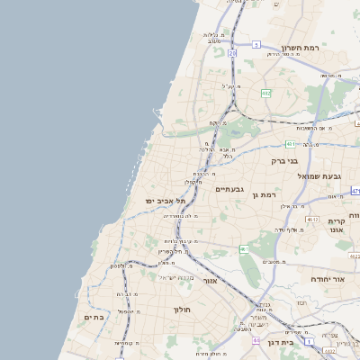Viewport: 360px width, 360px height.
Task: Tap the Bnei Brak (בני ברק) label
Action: (x=285, y=161)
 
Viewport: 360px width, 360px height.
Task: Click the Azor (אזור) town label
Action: (x=211, y=280)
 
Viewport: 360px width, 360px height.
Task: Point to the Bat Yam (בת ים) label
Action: (x=94, y=317)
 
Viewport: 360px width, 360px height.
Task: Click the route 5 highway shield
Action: (x=256, y=44)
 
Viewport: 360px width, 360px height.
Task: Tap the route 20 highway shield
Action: (x=231, y=54)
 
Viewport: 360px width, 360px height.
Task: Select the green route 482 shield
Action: (x=266, y=93)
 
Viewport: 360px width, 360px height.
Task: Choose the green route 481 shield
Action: (x=291, y=143)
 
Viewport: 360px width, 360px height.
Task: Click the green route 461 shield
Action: (x=244, y=248)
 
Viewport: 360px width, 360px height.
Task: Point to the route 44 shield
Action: (x=256, y=340)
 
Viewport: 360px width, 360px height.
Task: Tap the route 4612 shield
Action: (x=312, y=219)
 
